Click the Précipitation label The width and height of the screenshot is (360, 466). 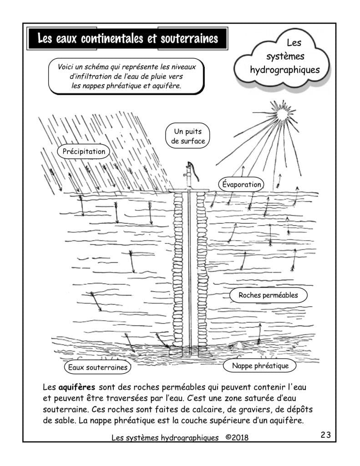[x=84, y=152]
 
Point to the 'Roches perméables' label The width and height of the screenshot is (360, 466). [x=268, y=295]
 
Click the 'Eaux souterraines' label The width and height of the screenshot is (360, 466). [x=97, y=367]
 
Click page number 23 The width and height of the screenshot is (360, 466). [x=325, y=435]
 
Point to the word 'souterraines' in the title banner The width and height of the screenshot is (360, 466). [x=188, y=39]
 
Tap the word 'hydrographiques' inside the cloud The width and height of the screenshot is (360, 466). [x=285, y=71]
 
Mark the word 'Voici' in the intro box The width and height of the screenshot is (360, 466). [x=66, y=67]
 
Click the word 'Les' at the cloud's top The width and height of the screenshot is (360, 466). [x=294, y=43]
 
